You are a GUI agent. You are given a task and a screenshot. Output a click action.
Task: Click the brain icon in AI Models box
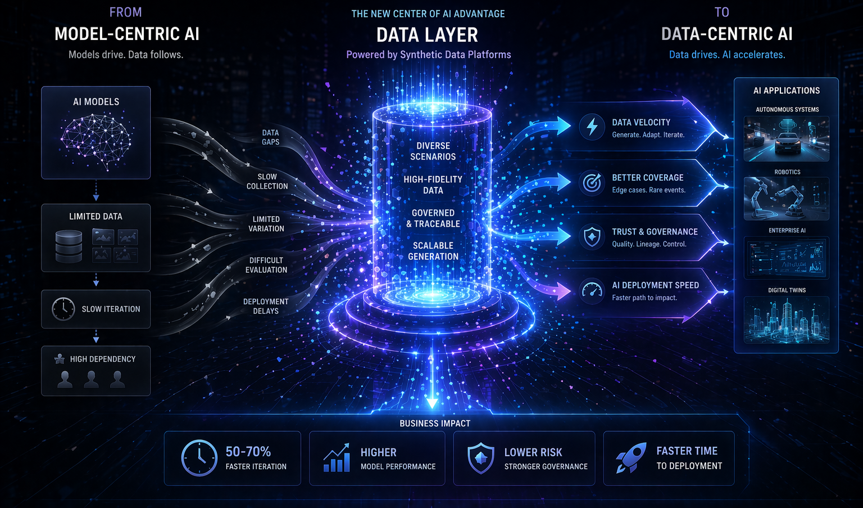coord(96,141)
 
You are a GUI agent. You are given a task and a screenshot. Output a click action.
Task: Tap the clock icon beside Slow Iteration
coord(63,309)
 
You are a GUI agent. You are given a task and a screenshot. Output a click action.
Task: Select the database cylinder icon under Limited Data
coord(69,246)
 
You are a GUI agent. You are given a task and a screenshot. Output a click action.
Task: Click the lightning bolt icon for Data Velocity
coord(592,127)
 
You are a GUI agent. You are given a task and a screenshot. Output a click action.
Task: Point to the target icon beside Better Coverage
coord(592,183)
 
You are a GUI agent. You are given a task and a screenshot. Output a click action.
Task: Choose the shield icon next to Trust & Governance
coord(592,237)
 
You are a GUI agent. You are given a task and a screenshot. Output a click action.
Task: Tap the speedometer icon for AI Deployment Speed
coord(592,291)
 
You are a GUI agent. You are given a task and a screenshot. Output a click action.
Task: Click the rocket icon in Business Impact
coord(630,458)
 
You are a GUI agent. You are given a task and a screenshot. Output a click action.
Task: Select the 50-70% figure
coord(248,452)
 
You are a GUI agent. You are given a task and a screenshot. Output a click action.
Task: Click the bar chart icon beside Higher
coord(337,458)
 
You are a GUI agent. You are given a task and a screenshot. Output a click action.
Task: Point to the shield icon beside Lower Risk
coord(481,458)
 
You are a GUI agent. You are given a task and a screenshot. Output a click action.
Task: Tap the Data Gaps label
coord(270,137)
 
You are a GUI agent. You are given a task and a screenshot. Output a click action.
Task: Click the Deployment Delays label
coord(266,306)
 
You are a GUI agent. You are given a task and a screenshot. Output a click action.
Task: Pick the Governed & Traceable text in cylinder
coord(433,218)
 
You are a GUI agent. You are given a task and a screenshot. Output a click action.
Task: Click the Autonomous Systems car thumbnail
coord(786,138)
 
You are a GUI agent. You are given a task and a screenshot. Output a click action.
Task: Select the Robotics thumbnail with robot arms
coord(786,199)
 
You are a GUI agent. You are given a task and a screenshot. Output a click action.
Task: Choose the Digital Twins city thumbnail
coord(786,320)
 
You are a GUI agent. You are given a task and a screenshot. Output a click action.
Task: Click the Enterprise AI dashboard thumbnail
coord(786,258)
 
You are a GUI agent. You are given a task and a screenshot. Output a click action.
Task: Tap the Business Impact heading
coord(435,423)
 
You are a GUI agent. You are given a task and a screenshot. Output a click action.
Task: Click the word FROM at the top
coord(126,12)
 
